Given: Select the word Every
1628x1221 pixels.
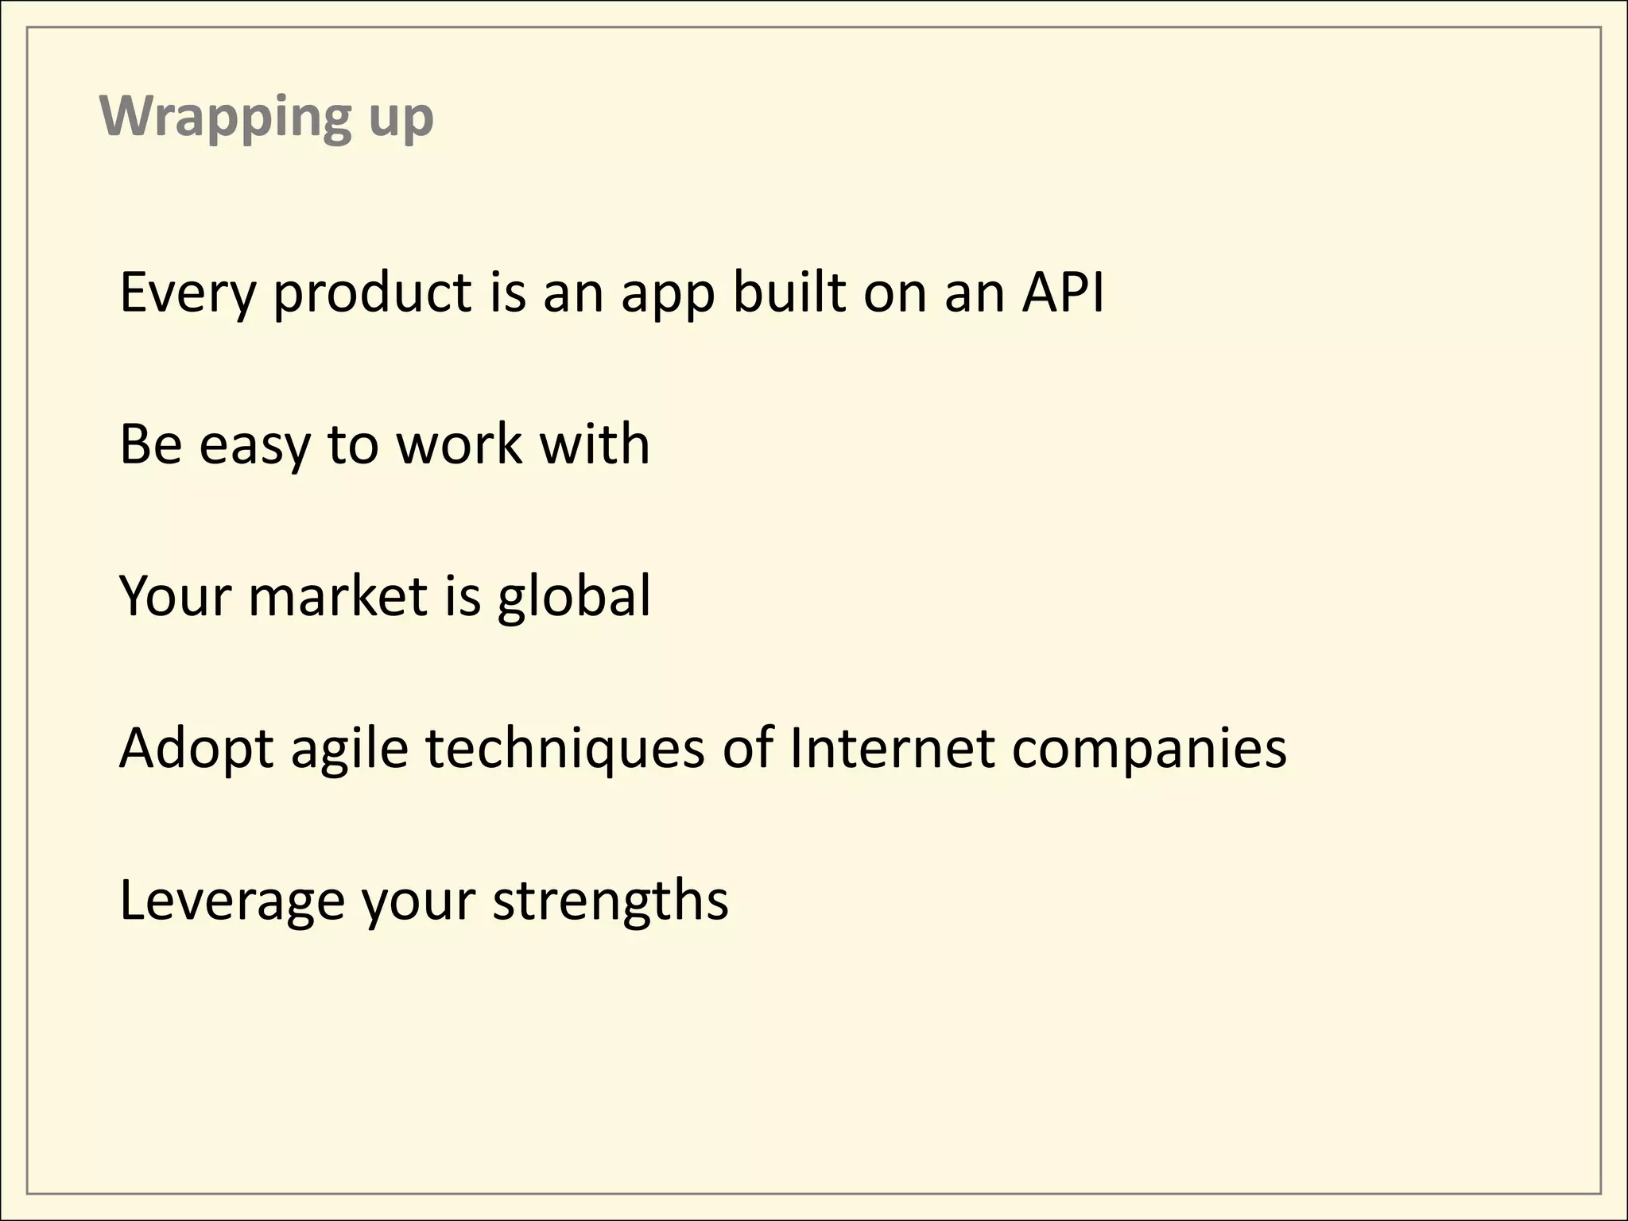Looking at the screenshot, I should point(188,293).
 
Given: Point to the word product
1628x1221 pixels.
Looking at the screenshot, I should point(373,293).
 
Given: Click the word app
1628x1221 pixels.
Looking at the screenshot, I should point(667,296).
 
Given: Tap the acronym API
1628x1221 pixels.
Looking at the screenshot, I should point(1063,292).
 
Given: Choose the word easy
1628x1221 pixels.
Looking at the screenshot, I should point(254,446).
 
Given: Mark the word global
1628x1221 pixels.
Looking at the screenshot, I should point(574,598).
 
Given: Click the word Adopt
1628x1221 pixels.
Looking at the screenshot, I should point(196,750).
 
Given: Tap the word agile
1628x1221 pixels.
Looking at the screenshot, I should point(350,751).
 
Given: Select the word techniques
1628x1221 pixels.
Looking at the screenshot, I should point(565,750).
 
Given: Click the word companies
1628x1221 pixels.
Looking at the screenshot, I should point(1149,751).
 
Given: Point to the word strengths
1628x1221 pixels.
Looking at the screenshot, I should point(610,902).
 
